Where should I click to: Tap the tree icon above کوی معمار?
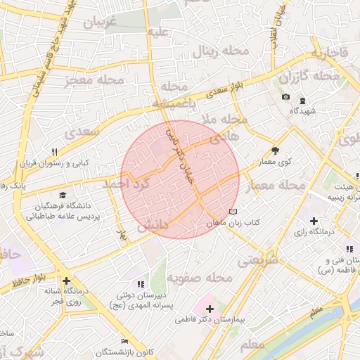pyautogui.click(x=275, y=150)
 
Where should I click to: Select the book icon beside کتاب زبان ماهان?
pyautogui.click(x=233, y=211)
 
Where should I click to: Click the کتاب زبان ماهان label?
pyautogui.click(x=234, y=222)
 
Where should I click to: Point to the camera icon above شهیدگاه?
pyautogui.click(x=285, y=97)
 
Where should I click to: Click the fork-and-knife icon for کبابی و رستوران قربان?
pyautogui.click(x=54, y=152)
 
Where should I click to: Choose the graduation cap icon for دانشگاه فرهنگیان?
pyautogui.click(x=63, y=195)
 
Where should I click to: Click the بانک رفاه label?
pyautogui.click(x=13, y=185)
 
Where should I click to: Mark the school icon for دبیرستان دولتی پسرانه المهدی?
pyautogui.click(x=141, y=284)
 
